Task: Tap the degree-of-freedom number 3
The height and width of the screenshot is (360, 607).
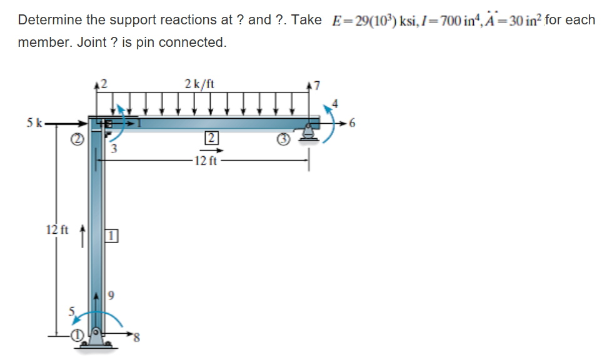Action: tap(113, 149)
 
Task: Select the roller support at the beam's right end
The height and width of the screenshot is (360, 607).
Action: tap(308, 132)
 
